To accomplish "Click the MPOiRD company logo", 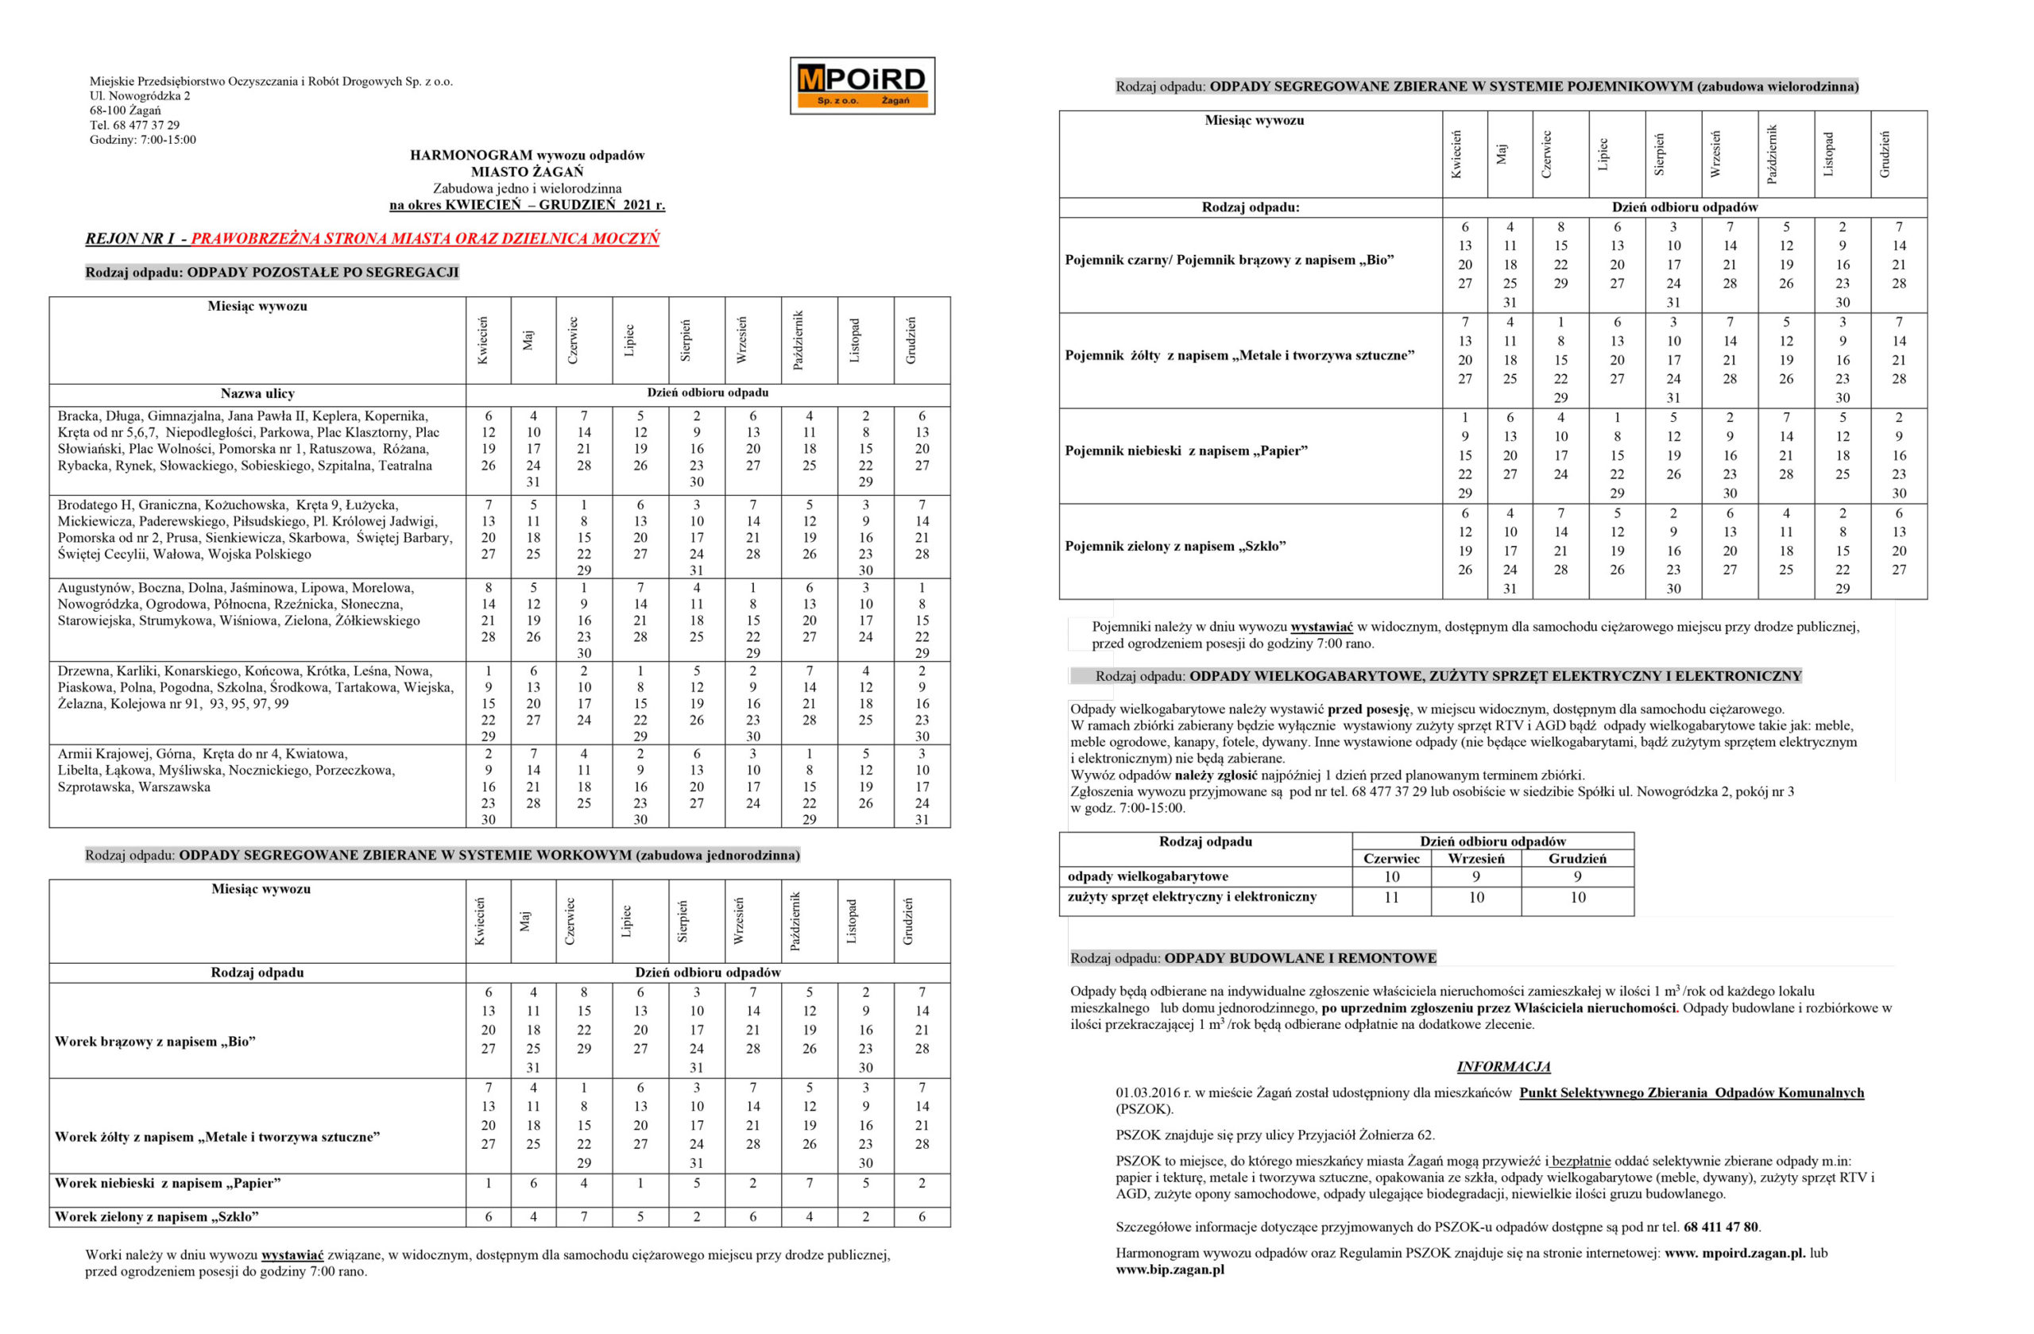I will [861, 86].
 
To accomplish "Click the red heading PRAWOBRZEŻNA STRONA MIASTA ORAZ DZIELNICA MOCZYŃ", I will [425, 238].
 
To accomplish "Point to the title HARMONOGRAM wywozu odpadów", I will [527, 156].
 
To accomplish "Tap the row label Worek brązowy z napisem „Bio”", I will [156, 1041].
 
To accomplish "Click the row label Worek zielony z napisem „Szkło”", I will [157, 1216].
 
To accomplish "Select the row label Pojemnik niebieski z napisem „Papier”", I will [1185, 450].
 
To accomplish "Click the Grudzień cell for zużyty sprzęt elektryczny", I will [1577, 897].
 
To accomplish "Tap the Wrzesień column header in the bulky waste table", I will [1476, 858].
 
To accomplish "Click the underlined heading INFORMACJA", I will [1503, 1066].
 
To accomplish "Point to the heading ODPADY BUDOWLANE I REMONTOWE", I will [1300, 958].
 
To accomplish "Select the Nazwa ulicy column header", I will [257, 394].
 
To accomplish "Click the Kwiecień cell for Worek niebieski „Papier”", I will [488, 1184].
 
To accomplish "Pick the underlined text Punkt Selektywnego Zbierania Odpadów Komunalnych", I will [1692, 1092].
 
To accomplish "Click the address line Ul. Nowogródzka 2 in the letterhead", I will [140, 95].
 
